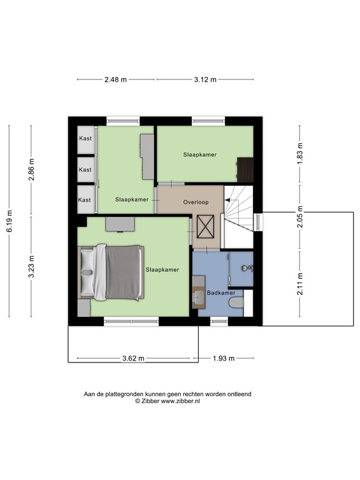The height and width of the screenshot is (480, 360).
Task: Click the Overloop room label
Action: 195,202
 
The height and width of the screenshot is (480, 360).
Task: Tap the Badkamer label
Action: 221,292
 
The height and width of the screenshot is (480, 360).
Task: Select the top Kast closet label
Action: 84,139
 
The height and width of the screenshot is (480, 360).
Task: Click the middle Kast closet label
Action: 84,169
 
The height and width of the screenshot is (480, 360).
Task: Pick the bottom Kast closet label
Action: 84,200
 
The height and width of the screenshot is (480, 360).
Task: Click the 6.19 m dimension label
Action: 9,221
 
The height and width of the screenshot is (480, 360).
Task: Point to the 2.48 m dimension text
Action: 116,79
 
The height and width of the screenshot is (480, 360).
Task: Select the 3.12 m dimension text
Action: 205,79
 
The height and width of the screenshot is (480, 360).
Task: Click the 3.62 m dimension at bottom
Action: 133,359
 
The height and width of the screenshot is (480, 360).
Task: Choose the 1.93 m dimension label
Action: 223,359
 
